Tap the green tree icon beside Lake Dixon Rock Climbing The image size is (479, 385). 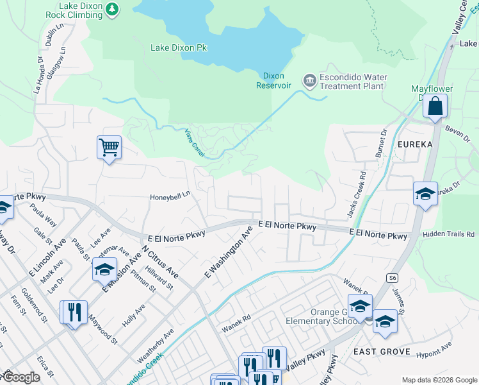[113, 8]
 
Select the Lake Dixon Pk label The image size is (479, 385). [179, 47]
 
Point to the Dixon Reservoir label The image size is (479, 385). [274, 81]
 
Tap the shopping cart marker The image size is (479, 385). [109, 148]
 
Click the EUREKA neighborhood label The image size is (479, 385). [414, 144]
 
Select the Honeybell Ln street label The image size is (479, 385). [170, 197]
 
